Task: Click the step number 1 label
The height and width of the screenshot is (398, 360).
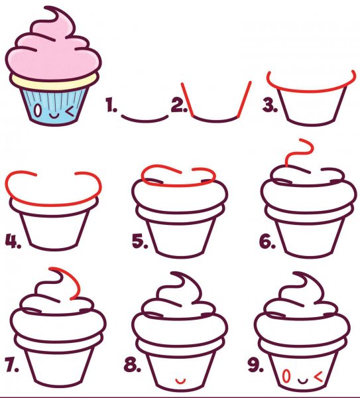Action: point(111,105)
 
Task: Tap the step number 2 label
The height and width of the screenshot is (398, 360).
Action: point(179,105)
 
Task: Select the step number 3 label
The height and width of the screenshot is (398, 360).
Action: point(270,105)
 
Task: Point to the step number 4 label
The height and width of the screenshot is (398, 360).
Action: point(13,241)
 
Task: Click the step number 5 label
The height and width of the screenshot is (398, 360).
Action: point(140,241)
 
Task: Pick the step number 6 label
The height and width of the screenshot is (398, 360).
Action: point(267,241)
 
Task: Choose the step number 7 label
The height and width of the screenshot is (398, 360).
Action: point(12,365)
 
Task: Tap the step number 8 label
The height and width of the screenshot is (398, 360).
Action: point(133,365)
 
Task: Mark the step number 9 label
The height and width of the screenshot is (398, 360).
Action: point(256,365)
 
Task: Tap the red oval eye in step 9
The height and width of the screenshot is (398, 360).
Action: point(286,376)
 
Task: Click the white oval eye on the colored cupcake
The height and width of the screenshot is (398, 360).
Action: point(37,110)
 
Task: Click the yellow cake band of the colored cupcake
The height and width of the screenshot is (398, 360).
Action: point(53,82)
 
